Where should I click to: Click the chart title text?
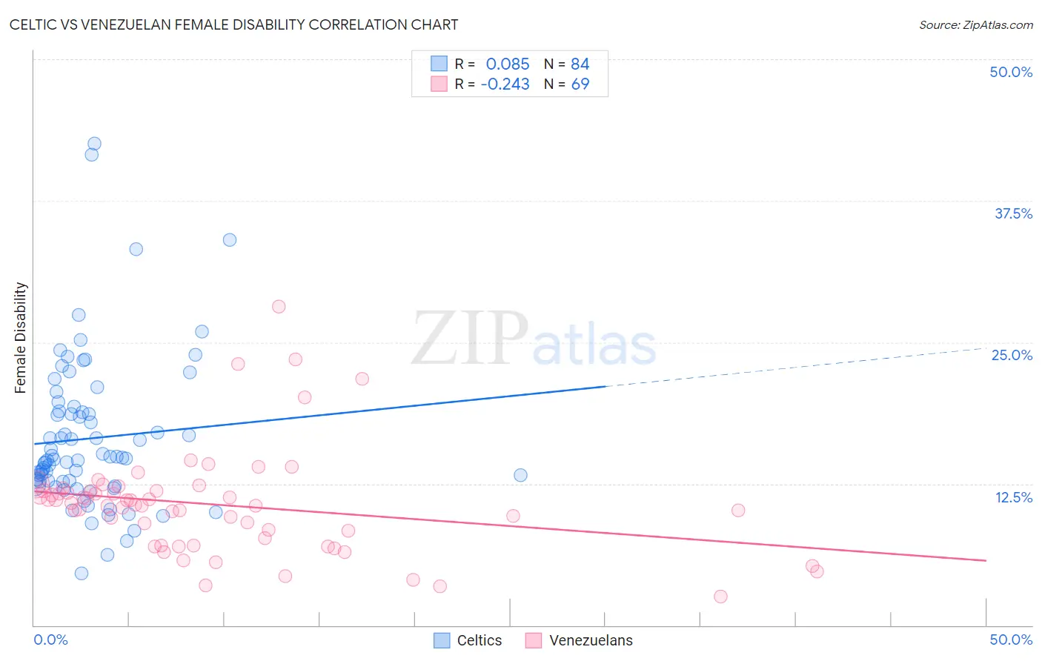pos(233,24)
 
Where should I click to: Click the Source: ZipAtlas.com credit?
pos(975,24)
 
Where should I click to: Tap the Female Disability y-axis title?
pos(21,337)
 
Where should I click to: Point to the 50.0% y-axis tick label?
pos(1011,72)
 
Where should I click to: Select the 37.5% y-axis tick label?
pos(1013,213)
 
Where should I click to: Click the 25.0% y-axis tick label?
pos(1012,355)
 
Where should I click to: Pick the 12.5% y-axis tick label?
pos(1013,497)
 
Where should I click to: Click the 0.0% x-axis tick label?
pos(50,640)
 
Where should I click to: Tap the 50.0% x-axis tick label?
pos(1011,640)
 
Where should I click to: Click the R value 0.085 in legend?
pos(508,64)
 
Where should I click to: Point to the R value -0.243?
pos(505,84)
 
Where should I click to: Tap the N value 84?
pos(580,64)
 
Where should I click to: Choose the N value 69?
pos(580,84)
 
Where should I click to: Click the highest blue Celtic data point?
pos(94,144)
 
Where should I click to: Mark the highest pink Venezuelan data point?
pos(279,306)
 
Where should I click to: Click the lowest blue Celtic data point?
pos(82,573)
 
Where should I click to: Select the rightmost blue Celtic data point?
pos(520,475)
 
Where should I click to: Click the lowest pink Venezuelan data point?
pos(720,597)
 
